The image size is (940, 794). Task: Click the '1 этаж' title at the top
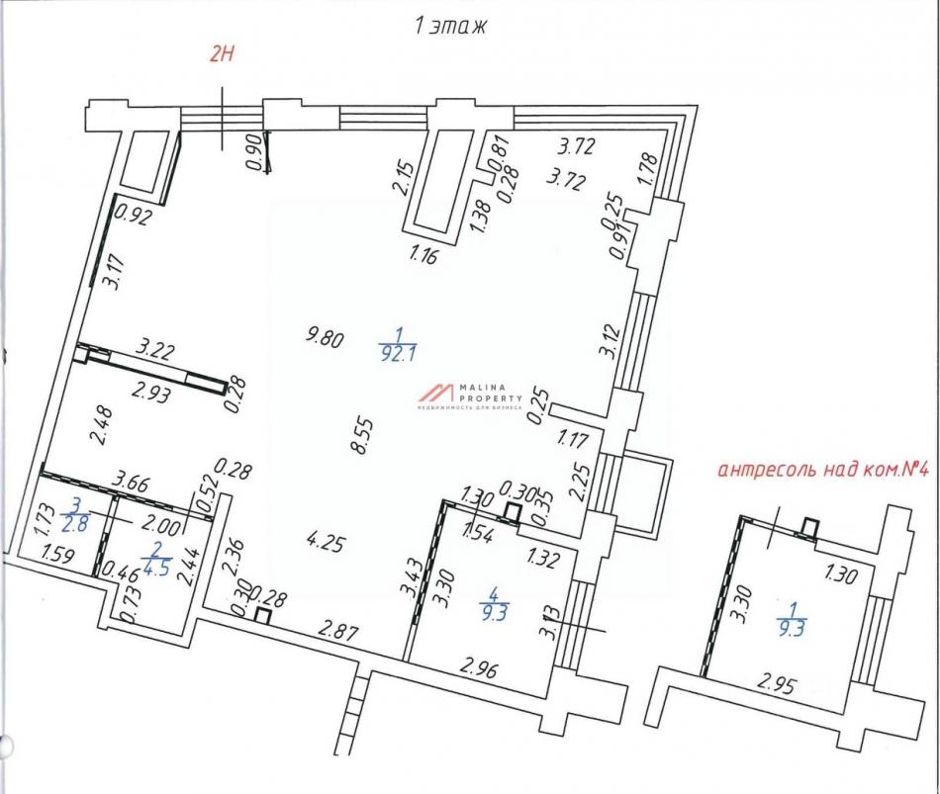click(x=449, y=27)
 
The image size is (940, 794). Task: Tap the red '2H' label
click(x=220, y=55)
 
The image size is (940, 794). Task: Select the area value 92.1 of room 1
click(x=399, y=355)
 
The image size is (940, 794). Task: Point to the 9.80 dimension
click(x=325, y=337)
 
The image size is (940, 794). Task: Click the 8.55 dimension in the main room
click(x=363, y=436)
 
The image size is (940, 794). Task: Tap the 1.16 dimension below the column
click(x=424, y=255)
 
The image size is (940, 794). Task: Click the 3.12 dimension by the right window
click(x=611, y=340)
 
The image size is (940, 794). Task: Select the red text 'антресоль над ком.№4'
click(x=820, y=470)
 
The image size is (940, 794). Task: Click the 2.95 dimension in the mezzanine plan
click(x=777, y=683)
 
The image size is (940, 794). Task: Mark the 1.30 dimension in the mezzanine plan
click(x=841, y=575)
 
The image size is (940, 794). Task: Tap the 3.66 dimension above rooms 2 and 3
click(x=132, y=482)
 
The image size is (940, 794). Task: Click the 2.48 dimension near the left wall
click(x=101, y=425)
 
